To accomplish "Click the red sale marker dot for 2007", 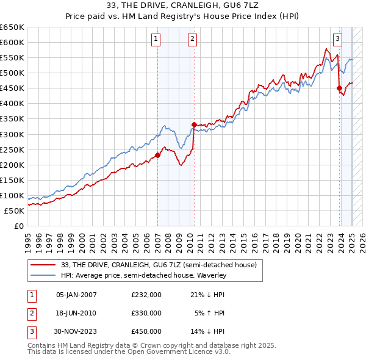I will pos(157,155).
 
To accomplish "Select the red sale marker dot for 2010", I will pos(194,124).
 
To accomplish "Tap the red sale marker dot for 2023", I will pos(339,88).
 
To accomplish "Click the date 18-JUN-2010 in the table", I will pos(76,313).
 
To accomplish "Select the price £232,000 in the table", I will pos(146,295).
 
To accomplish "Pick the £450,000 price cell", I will pos(146,331).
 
